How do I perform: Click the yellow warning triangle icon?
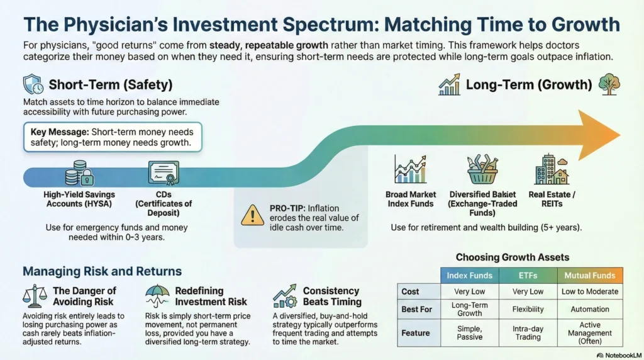pyautogui.click(x=252, y=215)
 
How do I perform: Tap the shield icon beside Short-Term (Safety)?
pyautogui.click(x=33, y=85)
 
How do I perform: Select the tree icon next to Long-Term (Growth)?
pyautogui.click(x=609, y=84)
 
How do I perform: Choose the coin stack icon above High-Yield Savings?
pyautogui.click(x=79, y=173)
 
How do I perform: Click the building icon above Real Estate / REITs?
pyautogui.click(x=552, y=169)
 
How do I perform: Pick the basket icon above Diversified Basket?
pyautogui.click(x=482, y=169)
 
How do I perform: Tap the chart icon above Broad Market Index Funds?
pyautogui.click(x=410, y=169)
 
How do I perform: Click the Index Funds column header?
pyautogui.click(x=469, y=276)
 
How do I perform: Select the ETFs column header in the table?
pyautogui.click(x=528, y=276)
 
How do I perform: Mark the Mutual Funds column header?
pyautogui.click(x=590, y=276)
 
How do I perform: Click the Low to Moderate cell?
pyautogui.click(x=590, y=291)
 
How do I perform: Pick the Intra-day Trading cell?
pyautogui.click(x=528, y=333)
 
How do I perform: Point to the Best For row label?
pyautogui.click(x=416, y=310)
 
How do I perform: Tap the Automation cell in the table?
pyautogui.click(x=590, y=310)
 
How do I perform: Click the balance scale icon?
pyautogui.click(x=35, y=296)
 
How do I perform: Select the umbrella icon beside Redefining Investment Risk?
pyautogui.click(x=157, y=296)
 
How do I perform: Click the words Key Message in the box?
pyautogui.click(x=60, y=132)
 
